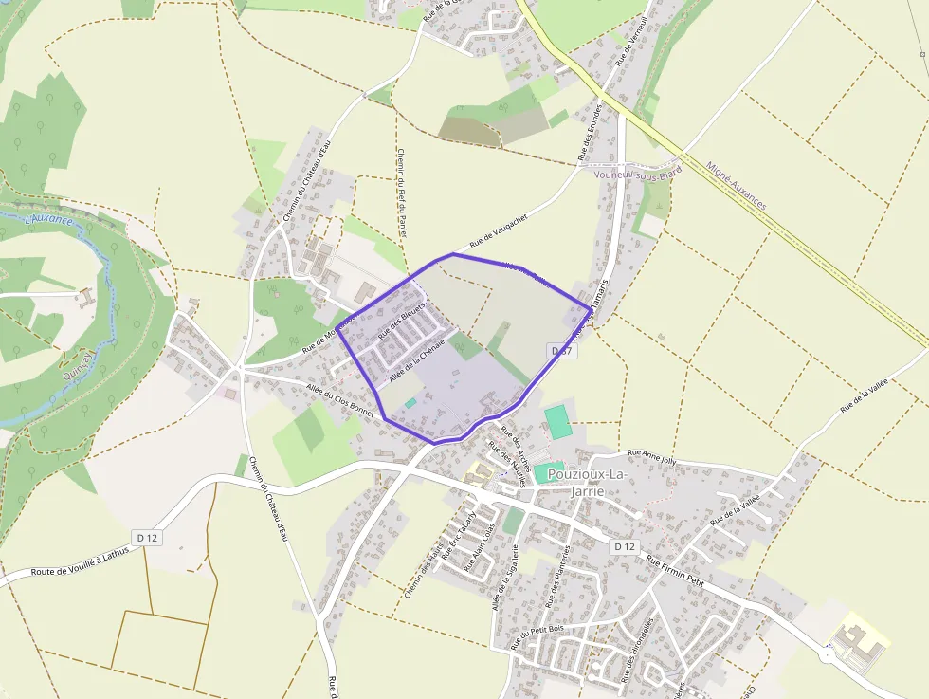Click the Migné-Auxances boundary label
tap(736, 185)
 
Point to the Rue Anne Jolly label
tap(652, 456)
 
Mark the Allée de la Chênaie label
tap(416, 359)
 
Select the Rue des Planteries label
tap(558, 577)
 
